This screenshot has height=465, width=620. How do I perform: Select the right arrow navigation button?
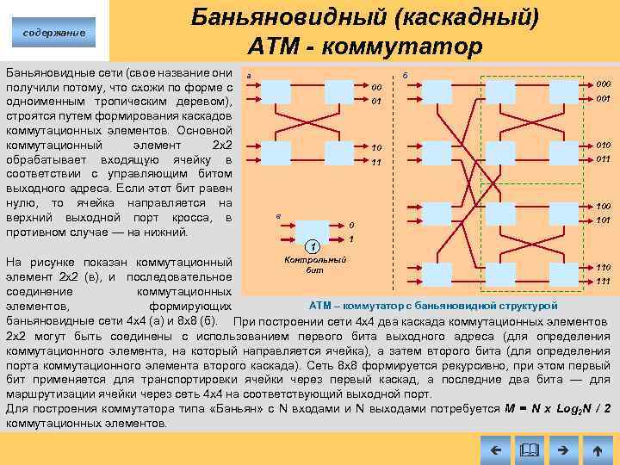pyautogui.click(x=562, y=449)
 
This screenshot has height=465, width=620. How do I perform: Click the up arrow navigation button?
pyautogui.click(x=596, y=449)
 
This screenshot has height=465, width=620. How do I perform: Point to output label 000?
pyautogui.click(x=603, y=84)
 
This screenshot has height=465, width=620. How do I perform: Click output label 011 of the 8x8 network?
pyautogui.click(x=603, y=158)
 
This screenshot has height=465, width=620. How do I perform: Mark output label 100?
pyautogui.click(x=603, y=207)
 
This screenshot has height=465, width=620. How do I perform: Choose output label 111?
pyautogui.click(x=603, y=281)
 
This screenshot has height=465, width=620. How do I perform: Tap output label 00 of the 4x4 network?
pyautogui.click(x=376, y=88)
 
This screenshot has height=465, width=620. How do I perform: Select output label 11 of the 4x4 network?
pyautogui.click(x=376, y=162)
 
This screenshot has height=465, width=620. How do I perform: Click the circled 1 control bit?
pyautogui.click(x=317, y=249)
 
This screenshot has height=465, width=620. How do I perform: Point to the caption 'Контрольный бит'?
pyautogui.click(x=314, y=264)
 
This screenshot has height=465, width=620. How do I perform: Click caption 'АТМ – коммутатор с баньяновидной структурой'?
pyautogui.click(x=433, y=306)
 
